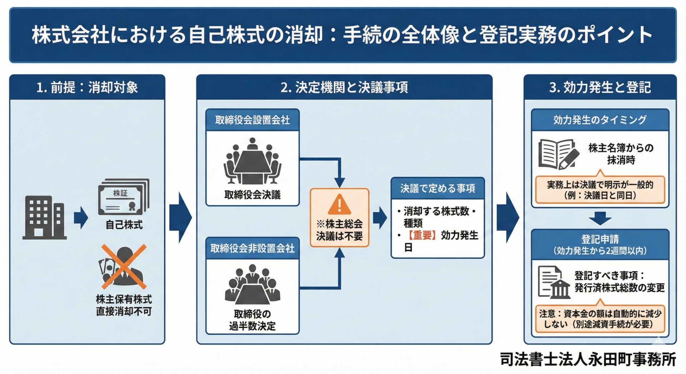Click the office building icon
point(45,218)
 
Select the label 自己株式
point(124,225)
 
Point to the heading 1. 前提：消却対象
point(87,88)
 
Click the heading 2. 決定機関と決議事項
point(344,88)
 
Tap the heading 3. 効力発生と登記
point(600,88)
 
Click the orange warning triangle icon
point(339,205)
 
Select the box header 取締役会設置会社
point(252,120)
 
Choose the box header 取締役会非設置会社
point(252,249)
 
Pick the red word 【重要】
point(422,235)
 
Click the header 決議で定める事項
point(437,189)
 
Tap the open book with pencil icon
point(558,155)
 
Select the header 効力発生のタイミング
point(600,120)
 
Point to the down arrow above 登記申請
point(600,218)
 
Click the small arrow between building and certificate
point(81,218)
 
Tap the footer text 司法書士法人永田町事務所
point(588,360)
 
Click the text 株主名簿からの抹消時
point(621,154)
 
